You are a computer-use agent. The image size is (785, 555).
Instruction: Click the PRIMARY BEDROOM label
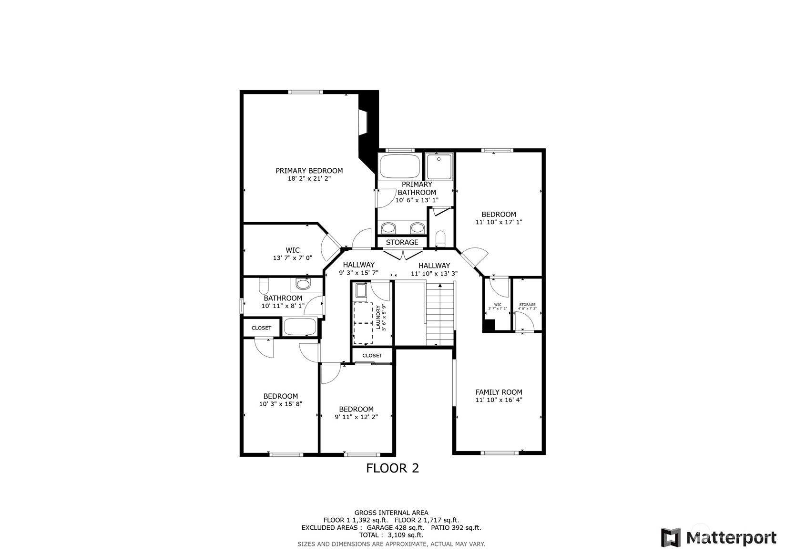pyautogui.click(x=309, y=171)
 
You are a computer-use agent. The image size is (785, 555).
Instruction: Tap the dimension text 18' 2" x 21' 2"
pyautogui.click(x=309, y=178)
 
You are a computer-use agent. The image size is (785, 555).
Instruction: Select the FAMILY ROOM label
pyautogui.click(x=499, y=392)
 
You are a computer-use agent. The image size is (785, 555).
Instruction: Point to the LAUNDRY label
pyautogui.click(x=378, y=317)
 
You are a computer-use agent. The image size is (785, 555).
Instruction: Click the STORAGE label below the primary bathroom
pyautogui.click(x=402, y=242)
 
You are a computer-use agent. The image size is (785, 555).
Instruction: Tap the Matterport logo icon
pyautogui.click(x=671, y=537)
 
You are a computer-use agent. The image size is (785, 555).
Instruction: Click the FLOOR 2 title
pyautogui.click(x=393, y=468)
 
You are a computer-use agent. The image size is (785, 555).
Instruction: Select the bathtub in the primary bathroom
pyautogui.click(x=400, y=166)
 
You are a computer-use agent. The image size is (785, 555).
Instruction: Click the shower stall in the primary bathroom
pyautogui.click(x=439, y=166)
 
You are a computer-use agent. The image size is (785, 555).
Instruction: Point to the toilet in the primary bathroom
pyautogui.click(x=440, y=238)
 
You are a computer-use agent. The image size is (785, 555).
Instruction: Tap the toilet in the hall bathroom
pyautogui.click(x=264, y=286)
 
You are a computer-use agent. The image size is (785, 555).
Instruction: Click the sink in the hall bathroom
pyautogui.click(x=303, y=284)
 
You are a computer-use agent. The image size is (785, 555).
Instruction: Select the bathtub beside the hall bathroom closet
pyautogui.click(x=300, y=327)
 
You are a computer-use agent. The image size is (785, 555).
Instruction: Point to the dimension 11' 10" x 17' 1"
pyautogui.click(x=499, y=222)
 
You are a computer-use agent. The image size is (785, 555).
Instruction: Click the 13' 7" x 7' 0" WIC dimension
pyautogui.click(x=293, y=258)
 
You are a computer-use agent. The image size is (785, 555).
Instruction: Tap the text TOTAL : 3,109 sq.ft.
pyautogui.click(x=391, y=535)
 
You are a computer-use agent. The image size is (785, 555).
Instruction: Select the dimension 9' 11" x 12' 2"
pyautogui.click(x=356, y=417)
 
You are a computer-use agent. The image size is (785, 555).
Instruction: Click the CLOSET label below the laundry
pyautogui.click(x=372, y=356)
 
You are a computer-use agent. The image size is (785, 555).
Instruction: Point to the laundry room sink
pyautogui.click(x=361, y=291)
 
